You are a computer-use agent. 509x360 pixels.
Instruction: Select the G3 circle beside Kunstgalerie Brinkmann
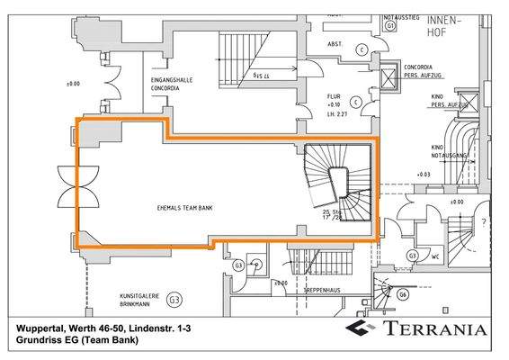(x=174, y=299)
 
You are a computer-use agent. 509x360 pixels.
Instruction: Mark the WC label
(x=433, y=256)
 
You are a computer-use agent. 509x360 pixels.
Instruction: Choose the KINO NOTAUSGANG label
(x=451, y=151)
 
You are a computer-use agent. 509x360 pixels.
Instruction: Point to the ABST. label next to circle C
(x=334, y=43)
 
